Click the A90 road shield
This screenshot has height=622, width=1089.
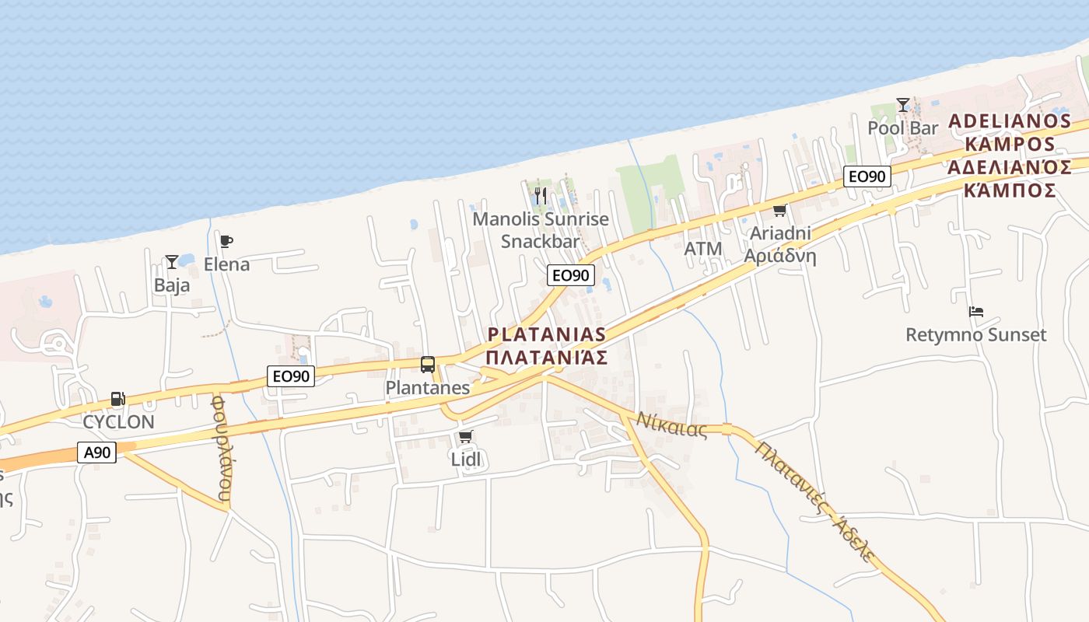point(97,452)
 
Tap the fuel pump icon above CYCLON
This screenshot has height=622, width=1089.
point(117,400)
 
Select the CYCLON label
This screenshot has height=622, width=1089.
point(119,421)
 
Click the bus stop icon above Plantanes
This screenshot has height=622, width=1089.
point(427,364)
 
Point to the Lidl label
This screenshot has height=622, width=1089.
point(466,459)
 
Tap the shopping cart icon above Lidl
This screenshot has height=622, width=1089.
point(465,436)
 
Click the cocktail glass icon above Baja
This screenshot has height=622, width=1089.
point(171,262)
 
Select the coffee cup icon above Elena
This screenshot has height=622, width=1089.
point(226,241)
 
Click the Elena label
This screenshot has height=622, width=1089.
point(227,264)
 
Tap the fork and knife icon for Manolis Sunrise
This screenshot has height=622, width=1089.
point(541,195)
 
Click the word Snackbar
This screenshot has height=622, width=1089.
point(541,241)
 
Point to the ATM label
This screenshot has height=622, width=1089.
point(703,249)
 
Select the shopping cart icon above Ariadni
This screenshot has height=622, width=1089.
point(779,210)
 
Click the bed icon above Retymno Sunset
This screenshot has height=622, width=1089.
point(975,312)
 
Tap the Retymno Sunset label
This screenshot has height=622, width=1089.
point(975,335)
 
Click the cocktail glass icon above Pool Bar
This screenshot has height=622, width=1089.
point(902,104)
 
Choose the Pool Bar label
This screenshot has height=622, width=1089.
point(903,128)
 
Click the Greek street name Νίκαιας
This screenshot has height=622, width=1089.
point(672,425)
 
